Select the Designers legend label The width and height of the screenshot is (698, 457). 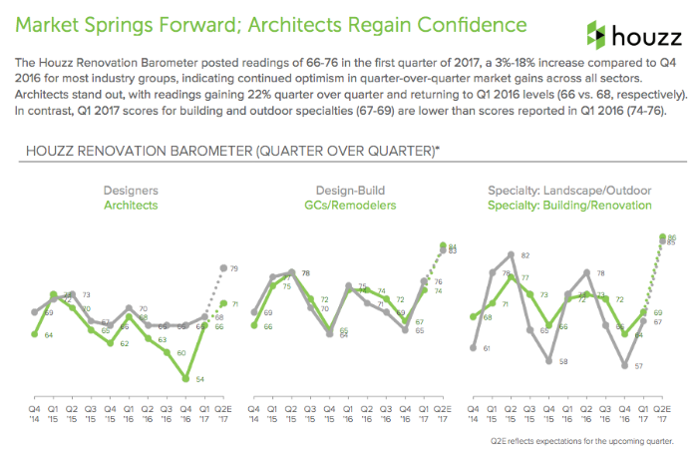[131, 189]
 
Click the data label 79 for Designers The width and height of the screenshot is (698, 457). [233, 268]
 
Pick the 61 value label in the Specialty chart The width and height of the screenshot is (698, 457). [486, 348]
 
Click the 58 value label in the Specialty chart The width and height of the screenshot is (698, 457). [563, 361]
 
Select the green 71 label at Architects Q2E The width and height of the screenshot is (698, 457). [234, 303]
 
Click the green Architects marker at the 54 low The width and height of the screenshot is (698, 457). [185, 379]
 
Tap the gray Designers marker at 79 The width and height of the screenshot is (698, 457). [221, 267]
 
